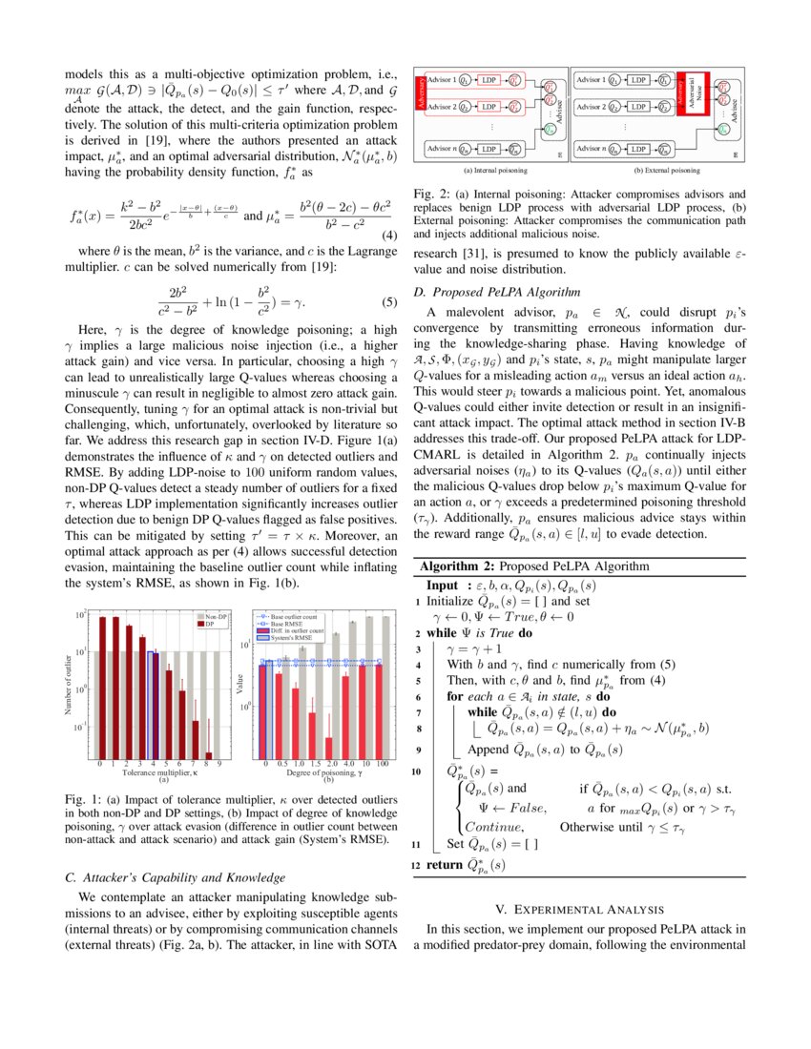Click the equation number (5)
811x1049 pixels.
click(x=388, y=304)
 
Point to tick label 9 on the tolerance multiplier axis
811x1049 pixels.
click(x=218, y=764)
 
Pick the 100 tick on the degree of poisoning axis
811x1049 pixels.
click(x=382, y=764)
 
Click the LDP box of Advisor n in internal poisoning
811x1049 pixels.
click(x=491, y=149)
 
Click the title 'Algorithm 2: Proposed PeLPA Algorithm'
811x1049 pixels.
click(x=534, y=566)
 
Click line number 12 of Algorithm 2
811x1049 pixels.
click(x=415, y=865)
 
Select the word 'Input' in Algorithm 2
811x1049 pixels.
click(x=443, y=585)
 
